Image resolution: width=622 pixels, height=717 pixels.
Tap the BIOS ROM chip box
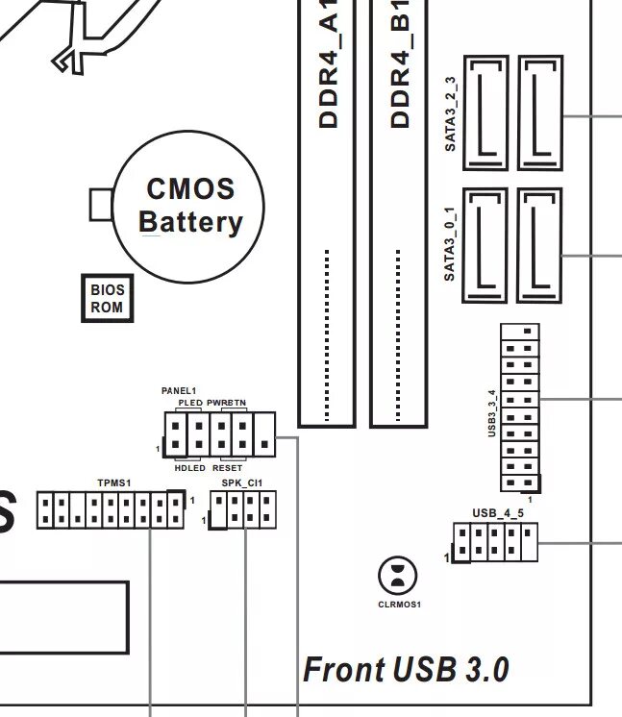tap(107, 298)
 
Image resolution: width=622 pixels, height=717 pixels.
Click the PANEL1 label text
tap(179, 391)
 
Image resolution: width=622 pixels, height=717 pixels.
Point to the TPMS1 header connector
tap(111, 509)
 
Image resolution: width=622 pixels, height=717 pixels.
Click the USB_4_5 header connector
tap(495, 542)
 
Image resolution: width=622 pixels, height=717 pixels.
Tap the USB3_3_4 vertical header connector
tap(519, 408)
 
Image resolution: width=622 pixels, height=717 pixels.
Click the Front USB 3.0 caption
tap(406, 669)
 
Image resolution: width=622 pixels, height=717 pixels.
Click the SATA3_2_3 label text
tap(450, 113)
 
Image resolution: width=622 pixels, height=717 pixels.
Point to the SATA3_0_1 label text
tap(450, 243)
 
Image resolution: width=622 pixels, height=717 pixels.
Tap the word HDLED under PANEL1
tap(189, 467)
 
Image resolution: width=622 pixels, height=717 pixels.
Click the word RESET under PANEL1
tap(227, 467)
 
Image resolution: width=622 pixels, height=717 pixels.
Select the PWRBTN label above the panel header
tap(227, 402)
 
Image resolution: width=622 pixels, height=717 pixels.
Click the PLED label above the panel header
tap(190, 402)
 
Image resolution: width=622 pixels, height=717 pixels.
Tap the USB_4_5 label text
tap(498, 513)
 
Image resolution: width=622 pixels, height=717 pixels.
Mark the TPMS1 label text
tap(113, 482)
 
